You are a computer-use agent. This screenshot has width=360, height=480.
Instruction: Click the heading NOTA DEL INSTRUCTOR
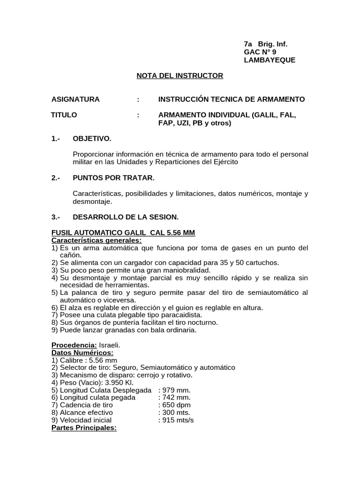click(180, 75)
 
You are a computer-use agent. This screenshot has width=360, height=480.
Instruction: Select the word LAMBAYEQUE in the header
click(270, 60)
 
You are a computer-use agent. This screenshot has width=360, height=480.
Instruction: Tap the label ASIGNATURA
click(75, 99)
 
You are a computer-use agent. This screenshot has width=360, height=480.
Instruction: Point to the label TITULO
click(64, 115)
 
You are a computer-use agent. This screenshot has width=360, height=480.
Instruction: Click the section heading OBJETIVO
click(92, 139)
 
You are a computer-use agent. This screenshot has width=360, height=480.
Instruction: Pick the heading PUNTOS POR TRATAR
click(113, 178)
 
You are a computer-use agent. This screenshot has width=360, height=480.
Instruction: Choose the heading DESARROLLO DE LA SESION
click(126, 217)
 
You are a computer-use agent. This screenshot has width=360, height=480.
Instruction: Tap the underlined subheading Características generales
click(96, 240)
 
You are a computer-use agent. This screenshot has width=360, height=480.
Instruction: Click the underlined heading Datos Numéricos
click(82, 352)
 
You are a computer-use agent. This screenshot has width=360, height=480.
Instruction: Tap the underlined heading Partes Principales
click(83, 427)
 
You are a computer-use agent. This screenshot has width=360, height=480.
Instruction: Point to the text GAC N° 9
click(260, 52)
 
